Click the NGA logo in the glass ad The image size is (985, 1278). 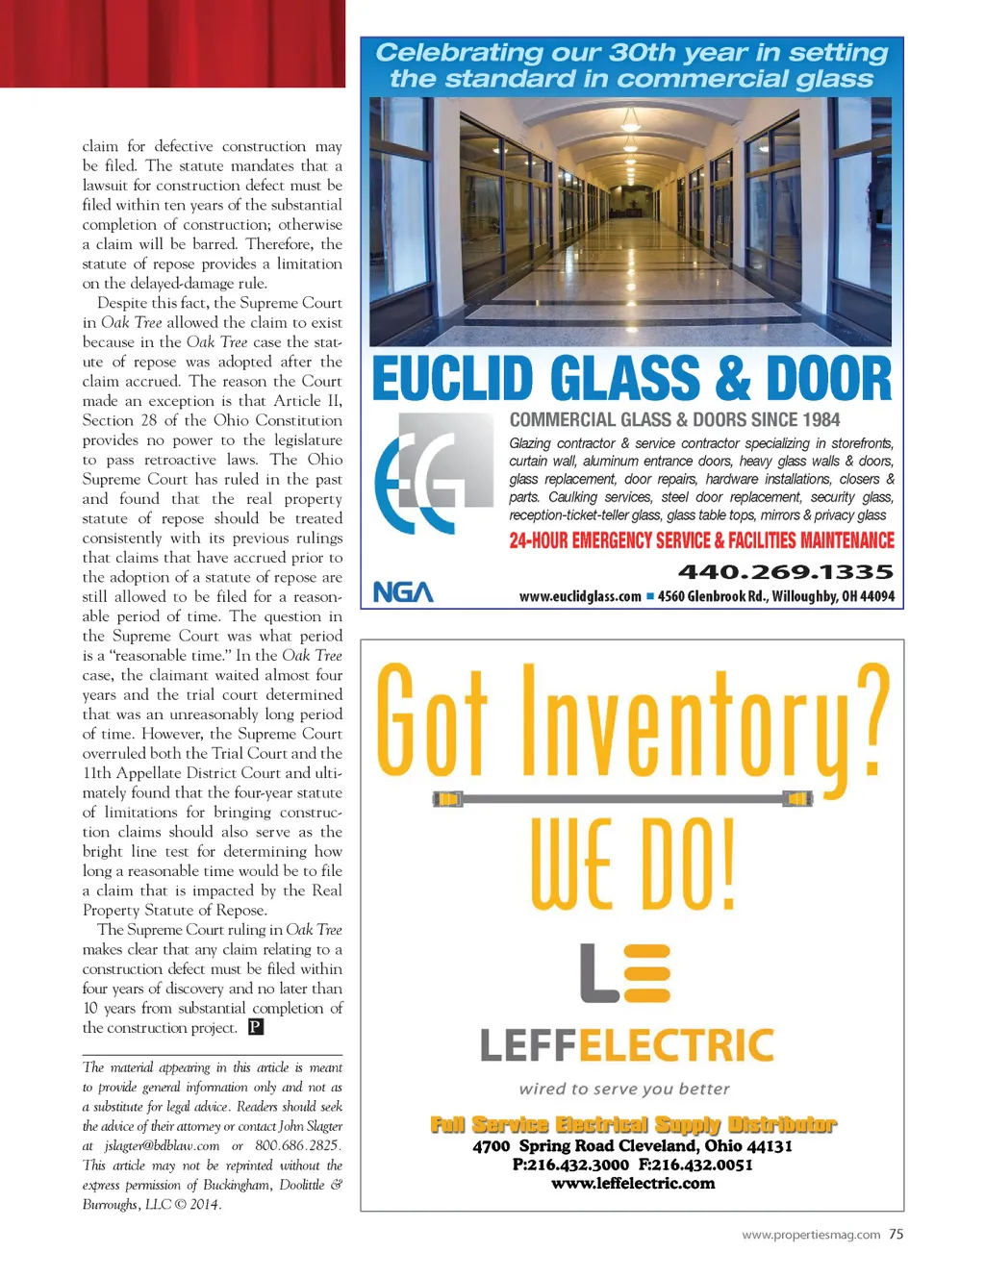[403, 592]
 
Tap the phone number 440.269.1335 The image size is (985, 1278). [786, 572]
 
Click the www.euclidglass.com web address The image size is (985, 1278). [580, 596]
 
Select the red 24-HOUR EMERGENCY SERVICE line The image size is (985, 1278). [701, 540]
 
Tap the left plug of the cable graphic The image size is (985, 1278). [448, 798]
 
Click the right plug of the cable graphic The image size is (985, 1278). [797, 798]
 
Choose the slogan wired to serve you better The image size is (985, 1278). [624, 1089]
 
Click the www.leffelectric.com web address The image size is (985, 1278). [633, 1183]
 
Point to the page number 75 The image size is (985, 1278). [896, 1234]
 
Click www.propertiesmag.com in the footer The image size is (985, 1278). [811, 1235]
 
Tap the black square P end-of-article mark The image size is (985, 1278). [256, 1027]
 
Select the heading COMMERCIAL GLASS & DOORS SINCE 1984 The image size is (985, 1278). [674, 419]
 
